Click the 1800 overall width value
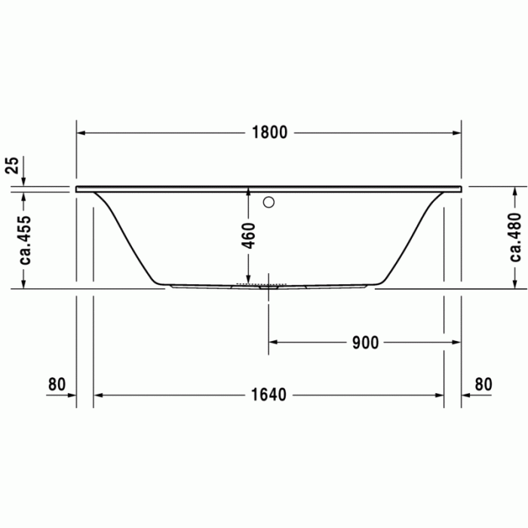pos(269,133)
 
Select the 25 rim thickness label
pos(12,166)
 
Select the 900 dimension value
pos(365,342)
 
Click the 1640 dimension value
pos(269,394)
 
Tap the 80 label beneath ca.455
pos(57,384)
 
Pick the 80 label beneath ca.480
pos(483,384)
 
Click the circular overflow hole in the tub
pos(269,202)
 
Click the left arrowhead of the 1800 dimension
pos(81,133)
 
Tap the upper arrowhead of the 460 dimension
pos(250,193)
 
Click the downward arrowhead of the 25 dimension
pos(25,182)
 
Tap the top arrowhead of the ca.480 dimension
pos(515,193)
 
